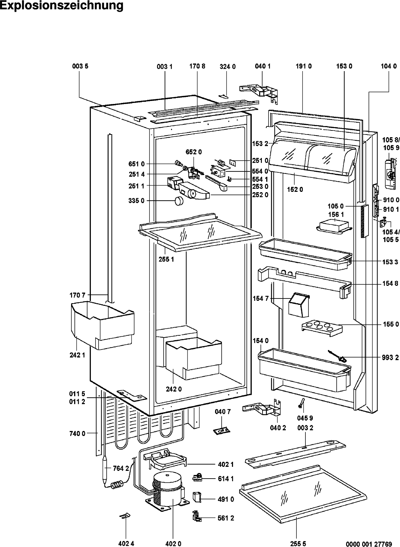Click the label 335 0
(x=136, y=201)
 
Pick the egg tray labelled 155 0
(x=321, y=326)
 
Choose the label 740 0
(x=77, y=433)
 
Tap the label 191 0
(x=303, y=66)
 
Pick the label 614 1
(x=226, y=479)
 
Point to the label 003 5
(x=80, y=66)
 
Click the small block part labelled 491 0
(x=197, y=496)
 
